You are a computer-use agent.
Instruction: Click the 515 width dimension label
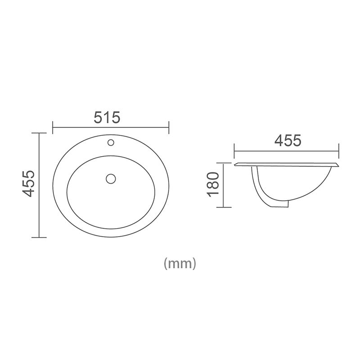coord(107,117)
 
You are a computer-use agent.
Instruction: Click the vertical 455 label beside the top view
coord(29,184)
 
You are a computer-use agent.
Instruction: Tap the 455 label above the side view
coord(288,141)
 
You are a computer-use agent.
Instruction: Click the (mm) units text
coord(180,263)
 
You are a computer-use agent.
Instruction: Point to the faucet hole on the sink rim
coord(110,143)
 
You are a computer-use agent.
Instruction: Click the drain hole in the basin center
coord(110,179)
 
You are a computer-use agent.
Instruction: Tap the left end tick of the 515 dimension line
coord(53,127)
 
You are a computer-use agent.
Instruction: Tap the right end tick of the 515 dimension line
coord(168,127)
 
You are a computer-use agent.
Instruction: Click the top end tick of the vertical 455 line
coord(40,133)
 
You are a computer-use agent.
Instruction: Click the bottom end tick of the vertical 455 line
coord(40,237)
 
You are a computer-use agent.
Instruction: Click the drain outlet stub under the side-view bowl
coord(281,205)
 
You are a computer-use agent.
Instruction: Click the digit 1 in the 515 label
coord(107,117)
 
